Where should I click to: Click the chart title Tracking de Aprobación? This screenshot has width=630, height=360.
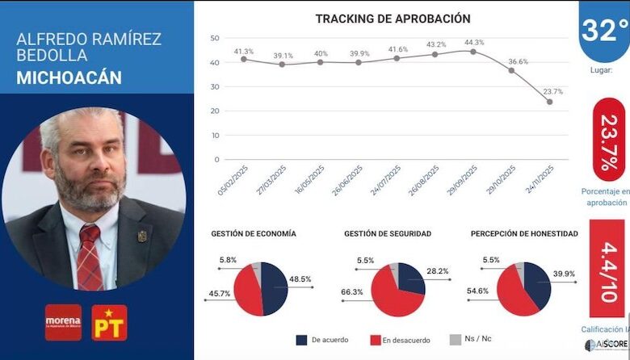tap(393, 19)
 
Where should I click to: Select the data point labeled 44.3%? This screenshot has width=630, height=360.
tap(473, 52)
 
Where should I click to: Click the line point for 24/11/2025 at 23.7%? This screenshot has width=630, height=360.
tap(549, 102)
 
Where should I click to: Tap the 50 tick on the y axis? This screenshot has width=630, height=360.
tap(214, 38)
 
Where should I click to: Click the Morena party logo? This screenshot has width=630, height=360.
tap(63, 322)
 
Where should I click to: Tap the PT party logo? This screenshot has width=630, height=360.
tap(109, 322)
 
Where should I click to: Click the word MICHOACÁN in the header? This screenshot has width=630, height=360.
tap(69, 77)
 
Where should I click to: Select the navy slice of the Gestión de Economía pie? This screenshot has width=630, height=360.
tap(274, 287)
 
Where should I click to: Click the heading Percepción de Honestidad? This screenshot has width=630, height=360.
tap(524, 233)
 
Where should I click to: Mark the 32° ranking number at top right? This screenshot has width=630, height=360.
tap(604, 31)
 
